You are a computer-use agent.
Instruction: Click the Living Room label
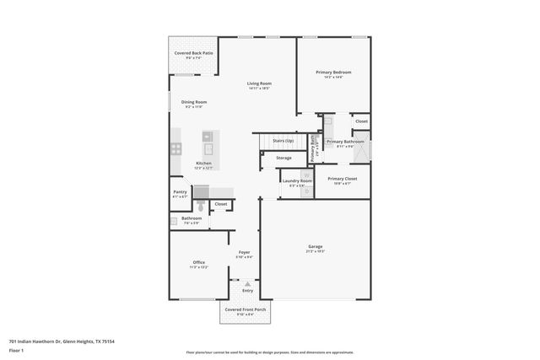pos(259,83)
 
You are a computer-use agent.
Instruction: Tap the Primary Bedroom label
pos(333,73)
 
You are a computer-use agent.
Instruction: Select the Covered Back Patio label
pos(193,53)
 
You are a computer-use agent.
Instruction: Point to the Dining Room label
pos(194,102)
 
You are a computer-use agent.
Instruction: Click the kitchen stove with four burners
pos(177,148)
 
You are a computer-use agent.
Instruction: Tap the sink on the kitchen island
pos(208,136)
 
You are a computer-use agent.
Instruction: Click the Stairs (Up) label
pos(283,141)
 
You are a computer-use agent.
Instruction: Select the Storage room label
pos(284,158)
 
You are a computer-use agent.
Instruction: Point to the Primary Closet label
pos(343,179)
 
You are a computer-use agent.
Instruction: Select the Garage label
pos(316,247)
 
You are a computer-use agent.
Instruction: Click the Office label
pos(199,262)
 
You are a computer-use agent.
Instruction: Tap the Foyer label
pos(244,252)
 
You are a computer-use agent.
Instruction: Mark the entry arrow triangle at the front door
pos(247,284)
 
